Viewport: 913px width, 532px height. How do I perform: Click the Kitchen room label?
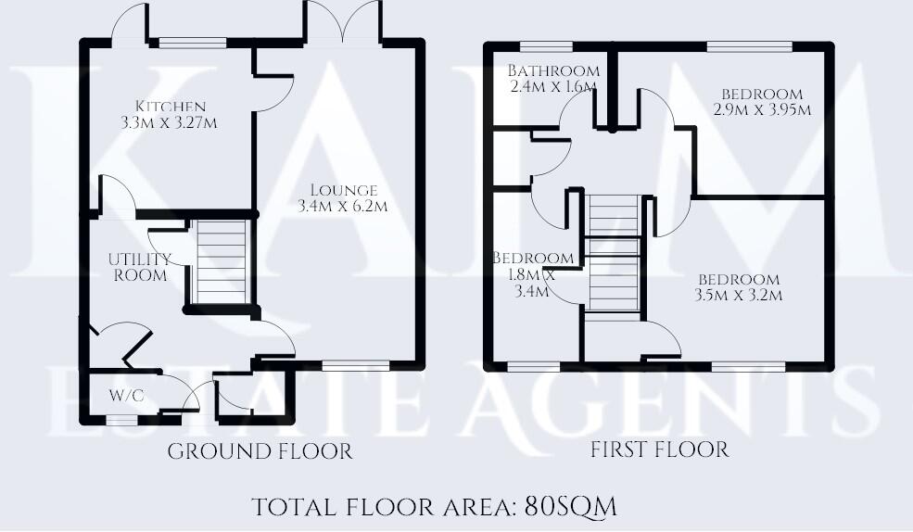170,106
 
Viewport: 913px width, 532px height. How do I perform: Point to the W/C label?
126,396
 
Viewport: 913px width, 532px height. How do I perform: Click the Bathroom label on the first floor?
553,71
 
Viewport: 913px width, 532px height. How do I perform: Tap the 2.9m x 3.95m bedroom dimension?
764,110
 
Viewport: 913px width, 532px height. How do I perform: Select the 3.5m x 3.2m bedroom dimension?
739,296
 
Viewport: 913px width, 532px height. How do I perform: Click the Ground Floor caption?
260,451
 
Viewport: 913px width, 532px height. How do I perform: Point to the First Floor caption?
659,450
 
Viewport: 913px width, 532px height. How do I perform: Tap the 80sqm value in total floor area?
570,507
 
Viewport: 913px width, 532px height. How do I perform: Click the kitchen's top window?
192,42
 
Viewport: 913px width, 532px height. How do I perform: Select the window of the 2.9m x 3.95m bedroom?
749,45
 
